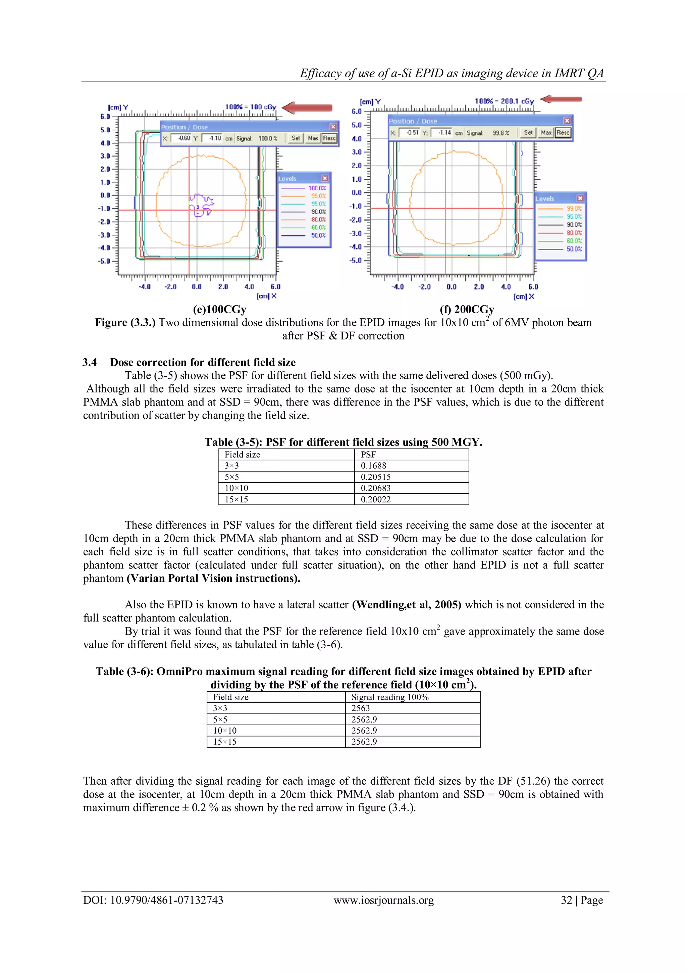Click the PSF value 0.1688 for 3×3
point(374,466)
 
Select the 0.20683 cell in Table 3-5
point(376,488)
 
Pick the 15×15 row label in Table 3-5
point(236,500)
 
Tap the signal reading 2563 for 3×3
point(360,708)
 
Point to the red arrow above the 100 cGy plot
point(307,107)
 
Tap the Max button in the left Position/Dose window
point(313,138)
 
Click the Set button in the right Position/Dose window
point(528,133)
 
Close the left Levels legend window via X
point(325,179)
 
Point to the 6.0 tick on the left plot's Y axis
point(105,117)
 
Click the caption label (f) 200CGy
point(467,310)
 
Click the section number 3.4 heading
point(89,362)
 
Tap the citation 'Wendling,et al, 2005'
point(406,605)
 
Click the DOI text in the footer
point(153,900)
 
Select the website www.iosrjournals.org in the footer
point(384,900)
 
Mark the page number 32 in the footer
point(567,900)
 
